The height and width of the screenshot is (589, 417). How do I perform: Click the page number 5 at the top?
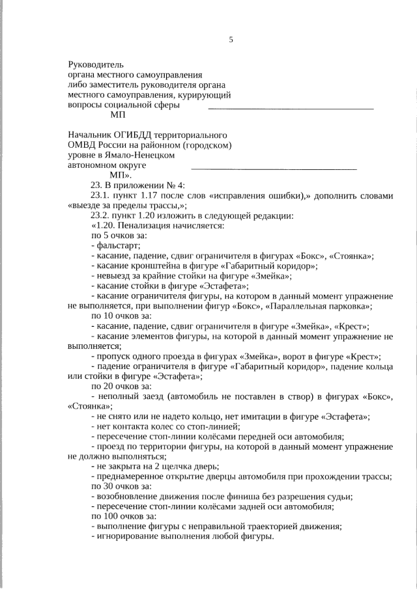click(x=231, y=40)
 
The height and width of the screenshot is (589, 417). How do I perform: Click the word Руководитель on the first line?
click(x=95, y=64)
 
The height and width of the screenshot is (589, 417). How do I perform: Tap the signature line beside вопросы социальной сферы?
click(x=290, y=105)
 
